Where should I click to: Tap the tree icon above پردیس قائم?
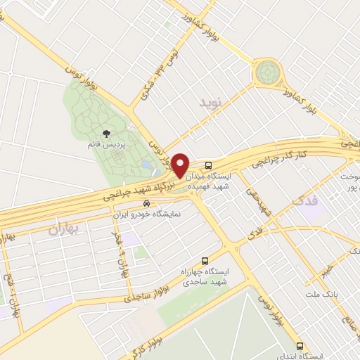pos(106,133)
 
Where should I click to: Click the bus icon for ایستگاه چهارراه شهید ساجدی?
pos(205,260)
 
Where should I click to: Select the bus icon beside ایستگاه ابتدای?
pos(300,346)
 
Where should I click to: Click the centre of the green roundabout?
pos(268,72)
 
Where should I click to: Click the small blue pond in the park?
pos(146,164)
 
